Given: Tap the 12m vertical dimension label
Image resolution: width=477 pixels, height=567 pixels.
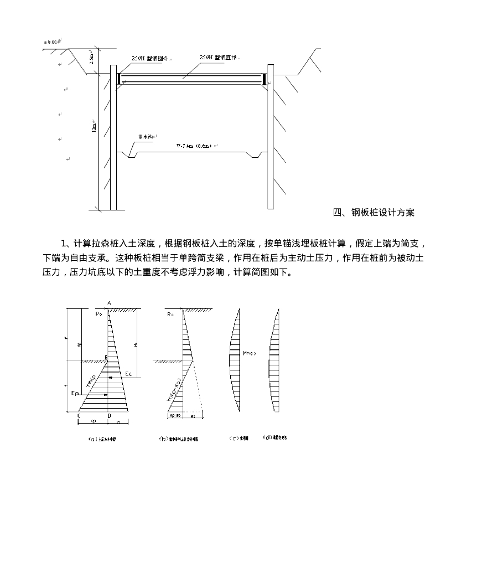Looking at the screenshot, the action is tap(94, 127).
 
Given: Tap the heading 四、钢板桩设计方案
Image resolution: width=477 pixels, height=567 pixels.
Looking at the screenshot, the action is tap(374, 213).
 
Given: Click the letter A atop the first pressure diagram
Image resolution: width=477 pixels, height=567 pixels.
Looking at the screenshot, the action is tap(109, 303).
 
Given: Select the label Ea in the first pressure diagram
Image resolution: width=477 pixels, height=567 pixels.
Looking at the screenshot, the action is tap(129, 374).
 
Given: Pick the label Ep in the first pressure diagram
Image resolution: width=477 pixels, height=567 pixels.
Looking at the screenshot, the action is tap(75, 393).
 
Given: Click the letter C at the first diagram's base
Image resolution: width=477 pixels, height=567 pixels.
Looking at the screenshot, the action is tap(79, 415).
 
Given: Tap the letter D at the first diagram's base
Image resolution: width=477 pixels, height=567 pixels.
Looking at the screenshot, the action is tap(109, 415).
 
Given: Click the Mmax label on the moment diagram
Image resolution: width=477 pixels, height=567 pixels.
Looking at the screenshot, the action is tap(249, 352).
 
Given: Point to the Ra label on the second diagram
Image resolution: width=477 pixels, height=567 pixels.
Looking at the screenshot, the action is tap(170, 314).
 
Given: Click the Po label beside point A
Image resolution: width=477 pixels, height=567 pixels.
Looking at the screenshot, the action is tap(98, 314).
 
